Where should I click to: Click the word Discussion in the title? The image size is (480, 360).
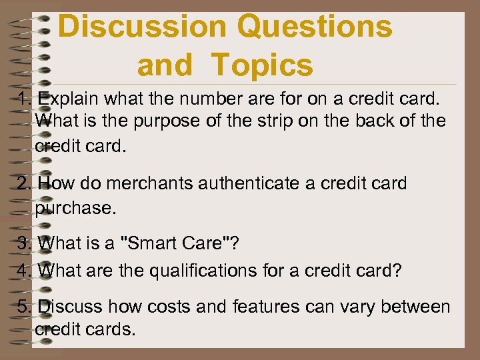[142, 27]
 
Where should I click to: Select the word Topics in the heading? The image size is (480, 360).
[262, 65]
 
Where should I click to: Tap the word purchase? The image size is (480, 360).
[75, 208]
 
